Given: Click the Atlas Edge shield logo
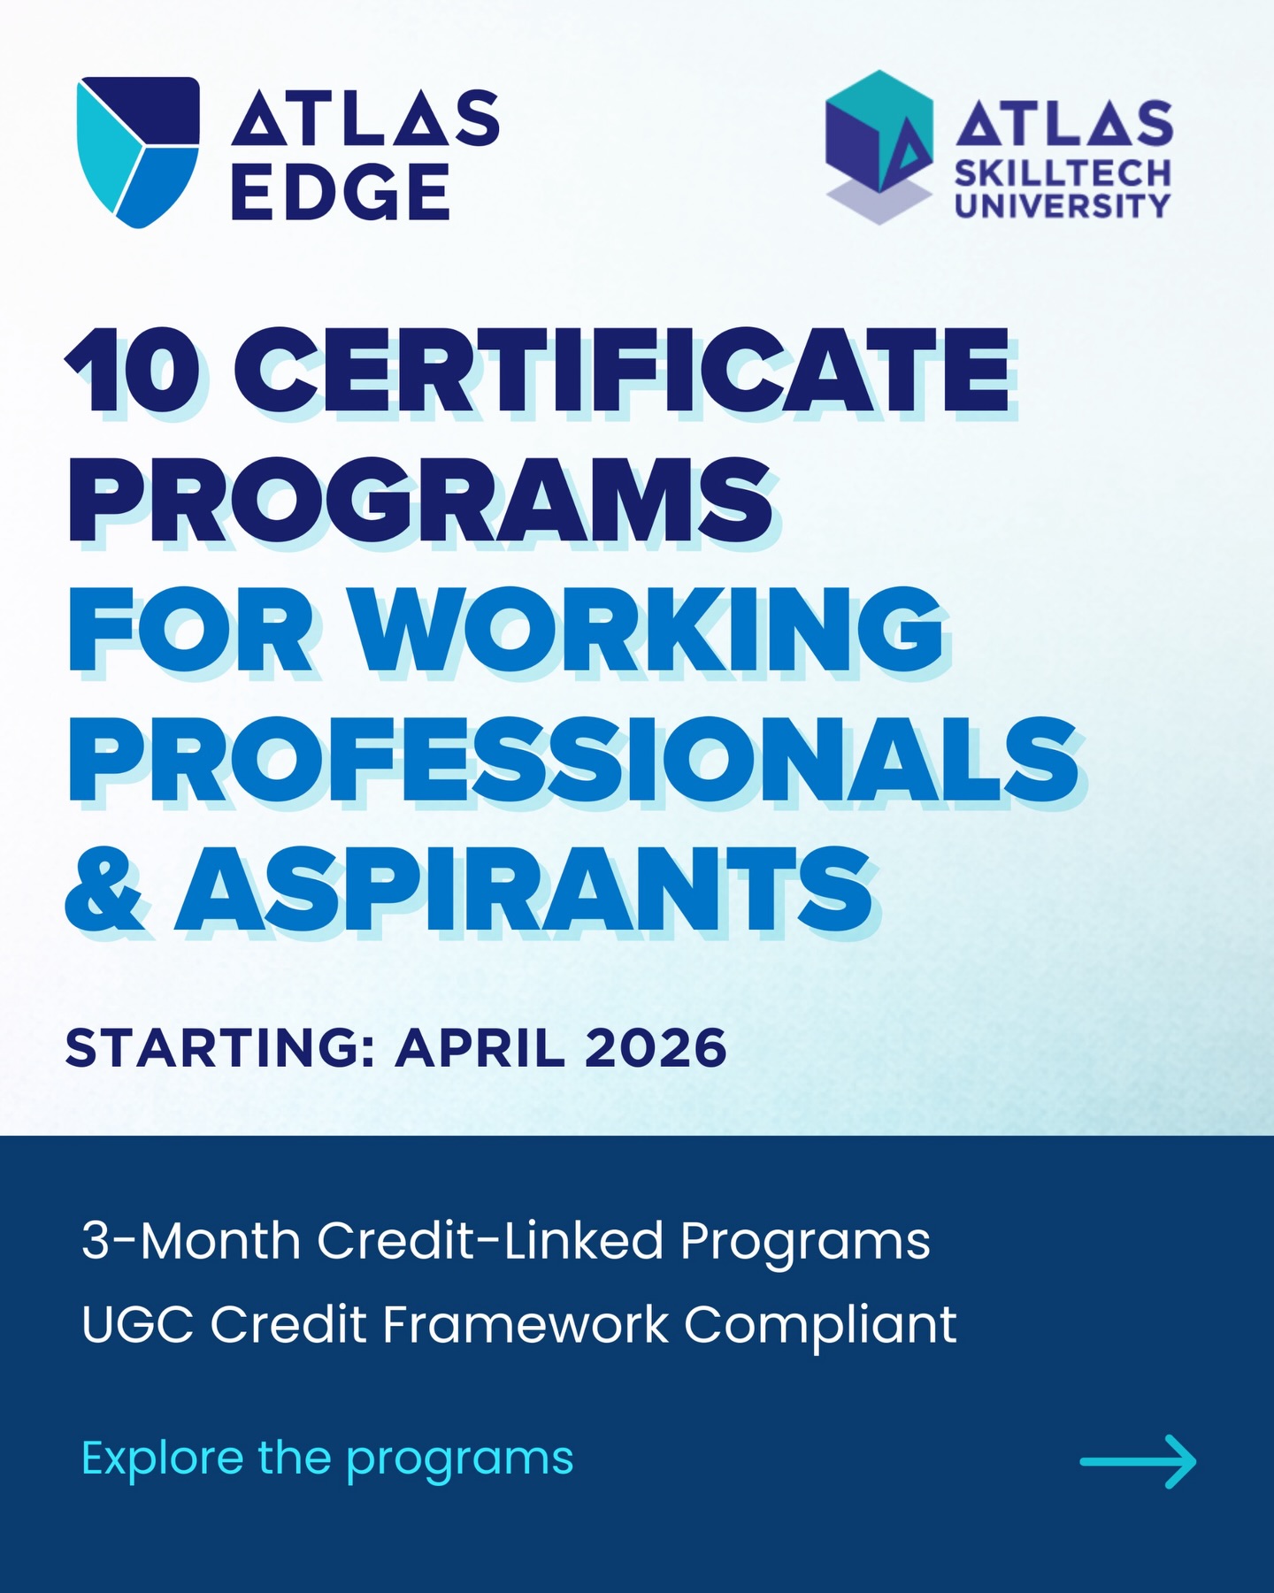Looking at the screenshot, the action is (138, 152).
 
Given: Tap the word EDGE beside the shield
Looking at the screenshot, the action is (341, 191).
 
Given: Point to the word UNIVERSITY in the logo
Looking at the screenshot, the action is (1063, 205).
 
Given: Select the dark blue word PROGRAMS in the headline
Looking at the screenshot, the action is (421, 500).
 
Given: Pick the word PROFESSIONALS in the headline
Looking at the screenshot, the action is (574, 759).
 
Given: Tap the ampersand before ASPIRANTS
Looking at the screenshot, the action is (104, 888).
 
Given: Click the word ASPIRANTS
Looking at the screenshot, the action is (526, 888).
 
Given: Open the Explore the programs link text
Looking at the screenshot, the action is (327, 1460).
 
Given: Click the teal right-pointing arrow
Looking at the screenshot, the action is (1138, 1461).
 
